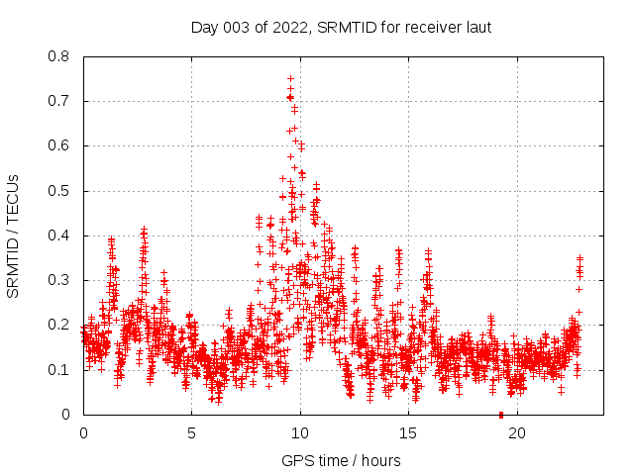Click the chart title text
pyautogui.click(x=341, y=27)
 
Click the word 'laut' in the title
pyautogui.click(x=477, y=27)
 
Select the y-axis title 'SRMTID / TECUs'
pyautogui.click(x=14, y=236)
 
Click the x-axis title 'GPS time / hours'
pyautogui.click(x=341, y=459)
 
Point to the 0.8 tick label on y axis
pyautogui.click(x=60, y=56)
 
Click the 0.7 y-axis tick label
pyautogui.click(x=60, y=101)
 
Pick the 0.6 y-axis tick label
pyautogui.click(x=60, y=145)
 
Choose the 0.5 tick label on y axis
pyautogui.click(x=60, y=191)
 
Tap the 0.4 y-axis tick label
pyautogui.click(x=60, y=236)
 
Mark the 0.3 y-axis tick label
pyautogui.click(x=60, y=280)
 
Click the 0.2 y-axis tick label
pyautogui.click(x=60, y=325)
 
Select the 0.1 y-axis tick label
pyautogui.click(x=60, y=370)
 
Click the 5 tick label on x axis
pyautogui.click(x=191, y=432)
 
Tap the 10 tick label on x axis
pyautogui.click(x=299, y=432)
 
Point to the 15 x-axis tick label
pyautogui.click(x=408, y=432)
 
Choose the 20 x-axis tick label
pyautogui.click(x=516, y=432)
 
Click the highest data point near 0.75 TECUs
pyautogui.click(x=290, y=78)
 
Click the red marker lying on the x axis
pyautogui.click(x=501, y=415)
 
